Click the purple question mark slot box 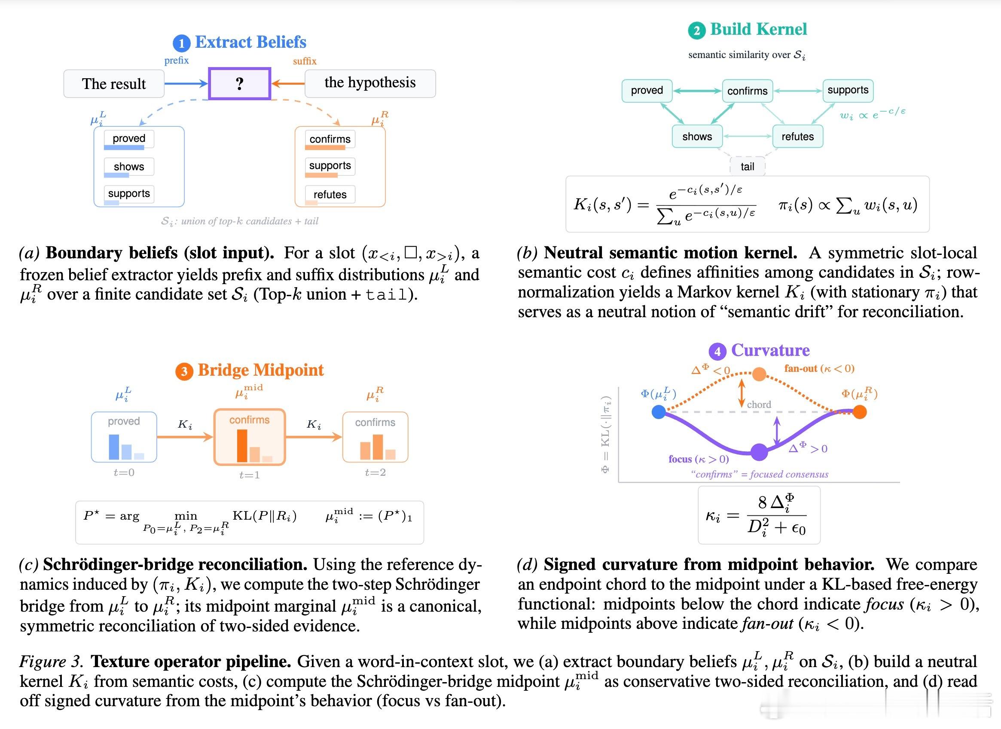[239, 83]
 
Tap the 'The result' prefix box [114, 83]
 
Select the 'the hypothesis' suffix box [370, 83]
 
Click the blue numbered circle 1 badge [181, 43]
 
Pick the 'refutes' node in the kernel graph [797, 136]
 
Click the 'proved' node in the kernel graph [647, 91]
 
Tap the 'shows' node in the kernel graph [697, 136]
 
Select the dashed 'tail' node [747, 166]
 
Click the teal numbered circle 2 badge [696, 31]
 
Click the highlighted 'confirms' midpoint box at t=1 [249, 437]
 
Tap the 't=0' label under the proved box [124, 472]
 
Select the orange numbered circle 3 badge [184, 371]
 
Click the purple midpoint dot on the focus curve [759, 451]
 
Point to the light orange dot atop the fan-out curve [759, 374]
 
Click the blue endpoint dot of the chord [659, 412]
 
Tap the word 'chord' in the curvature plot [759, 404]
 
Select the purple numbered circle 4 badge [717, 352]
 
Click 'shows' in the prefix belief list [129, 166]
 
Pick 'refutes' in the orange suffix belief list [330, 194]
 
